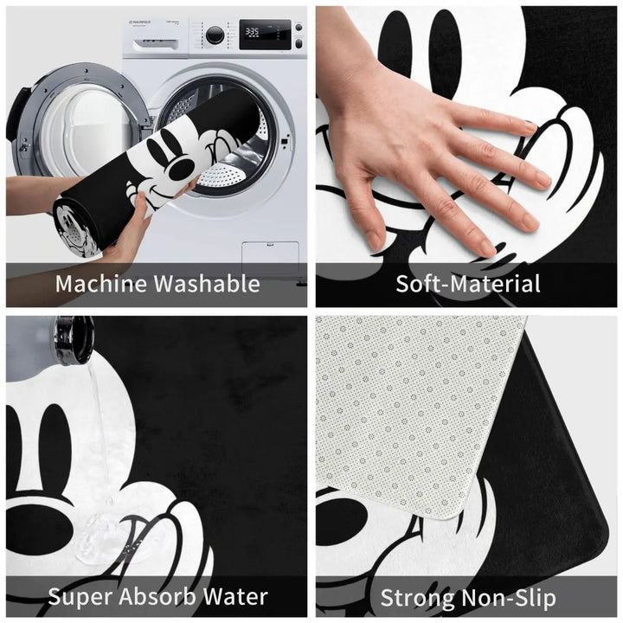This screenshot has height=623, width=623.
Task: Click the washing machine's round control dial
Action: click(215, 35)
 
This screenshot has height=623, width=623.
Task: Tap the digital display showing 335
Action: click(252, 31)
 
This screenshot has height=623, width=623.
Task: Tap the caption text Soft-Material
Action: click(468, 283)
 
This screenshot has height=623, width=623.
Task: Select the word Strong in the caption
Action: click(419, 597)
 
